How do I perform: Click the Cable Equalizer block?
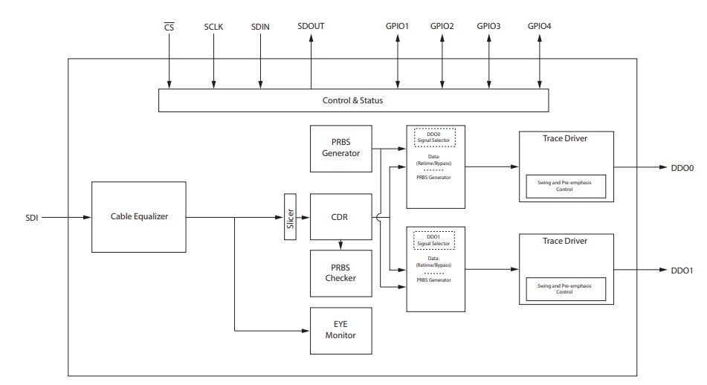138,217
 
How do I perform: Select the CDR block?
340,217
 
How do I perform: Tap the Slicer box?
290,217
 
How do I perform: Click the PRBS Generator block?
340,148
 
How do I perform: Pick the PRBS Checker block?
340,273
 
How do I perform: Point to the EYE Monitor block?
340,330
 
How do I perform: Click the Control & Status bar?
353,100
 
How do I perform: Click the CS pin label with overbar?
169,27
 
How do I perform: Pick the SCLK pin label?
213,27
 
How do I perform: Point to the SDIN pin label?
260,27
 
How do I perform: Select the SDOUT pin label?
310,27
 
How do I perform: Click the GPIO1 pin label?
398,27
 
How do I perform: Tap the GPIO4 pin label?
539,27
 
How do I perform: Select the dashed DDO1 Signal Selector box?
435,240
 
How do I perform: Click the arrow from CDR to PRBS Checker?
340,245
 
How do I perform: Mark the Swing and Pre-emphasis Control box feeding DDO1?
566,288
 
